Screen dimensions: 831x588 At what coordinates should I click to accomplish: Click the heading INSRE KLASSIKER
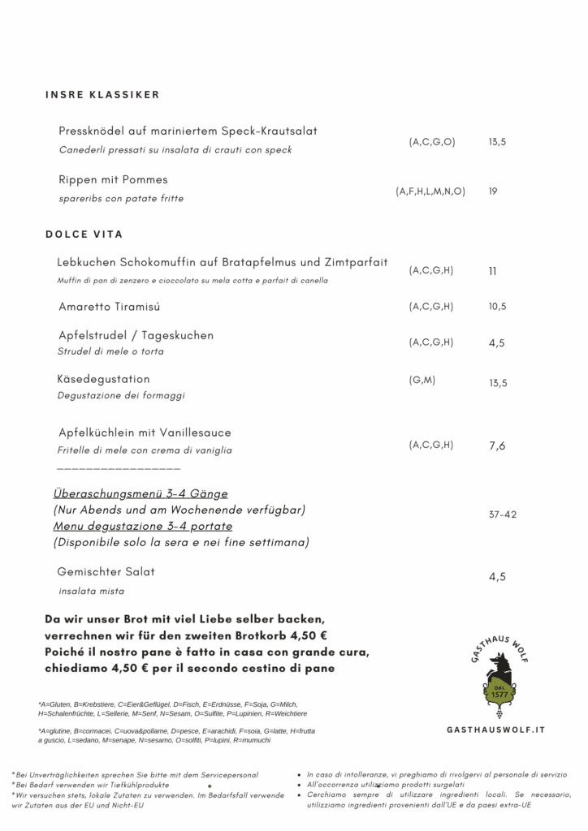[102, 95]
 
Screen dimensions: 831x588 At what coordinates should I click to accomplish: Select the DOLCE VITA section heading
[84, 235]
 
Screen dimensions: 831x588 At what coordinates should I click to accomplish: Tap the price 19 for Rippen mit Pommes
[493, 192]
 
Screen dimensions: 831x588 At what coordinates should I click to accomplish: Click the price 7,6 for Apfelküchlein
[497, 446]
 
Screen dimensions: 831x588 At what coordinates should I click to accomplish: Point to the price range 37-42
[503, 515]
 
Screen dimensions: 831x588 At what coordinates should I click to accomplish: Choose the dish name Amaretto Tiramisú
[110, 307]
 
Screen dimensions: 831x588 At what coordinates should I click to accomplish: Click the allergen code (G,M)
[422, 379]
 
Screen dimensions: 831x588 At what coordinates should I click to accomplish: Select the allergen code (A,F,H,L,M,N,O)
[430, 192]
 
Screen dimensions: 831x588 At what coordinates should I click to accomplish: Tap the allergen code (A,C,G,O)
[432, 142]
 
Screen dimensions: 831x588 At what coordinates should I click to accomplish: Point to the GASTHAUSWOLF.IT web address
[495, 730]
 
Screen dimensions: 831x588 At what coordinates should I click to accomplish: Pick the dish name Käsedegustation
[104, 379]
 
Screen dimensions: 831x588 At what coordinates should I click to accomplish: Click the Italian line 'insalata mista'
[91, 591]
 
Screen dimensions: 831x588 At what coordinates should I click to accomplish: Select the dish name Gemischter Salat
[106, 572]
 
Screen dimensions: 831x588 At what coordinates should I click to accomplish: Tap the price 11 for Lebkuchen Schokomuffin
[492, 271]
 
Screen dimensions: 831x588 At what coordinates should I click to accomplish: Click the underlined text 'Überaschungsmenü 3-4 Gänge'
[141, 493]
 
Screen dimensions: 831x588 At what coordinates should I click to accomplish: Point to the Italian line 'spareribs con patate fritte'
[121, 198]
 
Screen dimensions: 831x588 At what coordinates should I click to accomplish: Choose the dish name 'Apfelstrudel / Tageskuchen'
[136, 335]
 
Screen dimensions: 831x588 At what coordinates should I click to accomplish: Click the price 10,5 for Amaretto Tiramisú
[497, 307]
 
